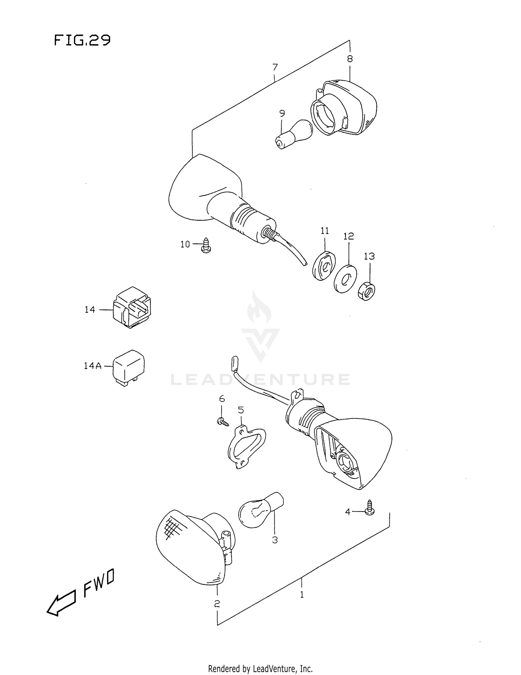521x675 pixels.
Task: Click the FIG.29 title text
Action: point(82,40)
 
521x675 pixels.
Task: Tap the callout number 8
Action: point(350,59)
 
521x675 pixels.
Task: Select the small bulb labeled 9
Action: point(293,135)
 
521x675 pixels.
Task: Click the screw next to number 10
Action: point(206,245)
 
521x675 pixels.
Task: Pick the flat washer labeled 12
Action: point(345,279)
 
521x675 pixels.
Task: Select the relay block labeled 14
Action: point(132,307)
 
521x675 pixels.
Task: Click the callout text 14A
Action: point(92,365)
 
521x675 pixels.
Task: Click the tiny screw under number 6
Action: point(222,422)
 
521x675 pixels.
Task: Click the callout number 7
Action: point(275,67)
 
